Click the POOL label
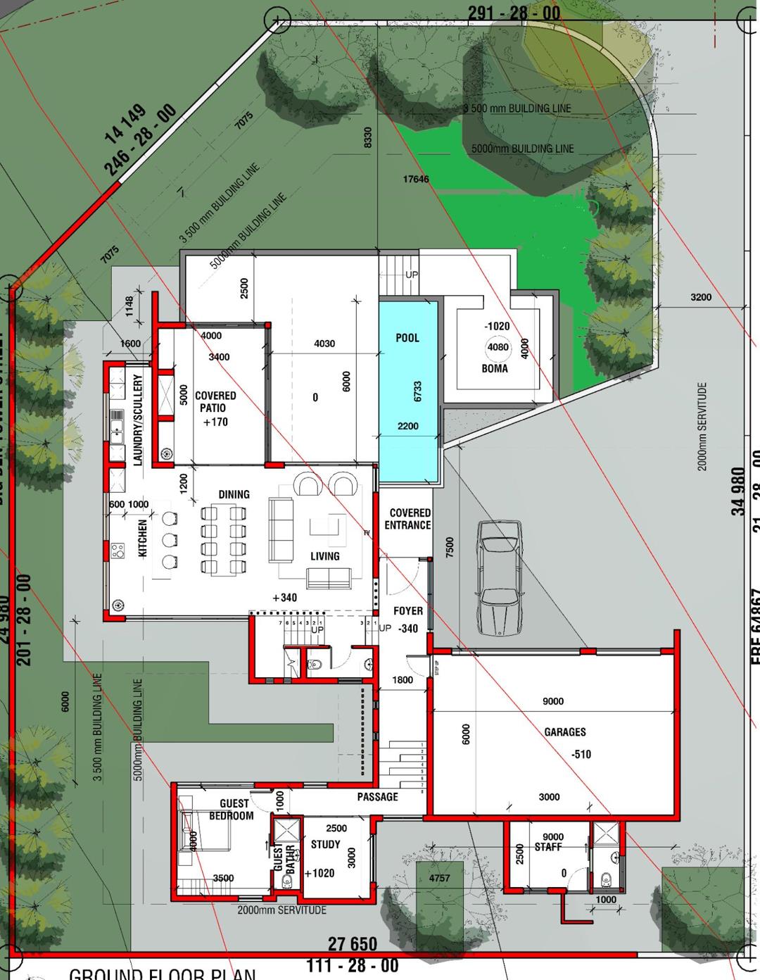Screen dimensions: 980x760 click(407, 338)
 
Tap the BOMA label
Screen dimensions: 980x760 click(495, 368)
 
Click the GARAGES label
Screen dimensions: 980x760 click(565, 732)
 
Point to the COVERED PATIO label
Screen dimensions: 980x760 click(215, 402)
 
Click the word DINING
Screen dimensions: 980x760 click(234, 494)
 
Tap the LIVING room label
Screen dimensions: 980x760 click(324, 556)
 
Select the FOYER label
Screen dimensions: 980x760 click(408, 611)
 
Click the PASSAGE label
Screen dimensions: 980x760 click(377, 797)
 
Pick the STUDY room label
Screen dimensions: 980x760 click(325, 844)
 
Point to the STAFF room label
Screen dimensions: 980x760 click(548, 847)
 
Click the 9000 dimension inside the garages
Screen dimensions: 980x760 click(553, 701)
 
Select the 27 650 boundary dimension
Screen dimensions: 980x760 click(353, 943)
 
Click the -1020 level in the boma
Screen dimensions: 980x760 click(497, 327)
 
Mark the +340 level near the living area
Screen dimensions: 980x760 click(284, 598)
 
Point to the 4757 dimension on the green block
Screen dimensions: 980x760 click(439, 878)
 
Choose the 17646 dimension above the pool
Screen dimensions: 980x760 click(416, 180)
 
